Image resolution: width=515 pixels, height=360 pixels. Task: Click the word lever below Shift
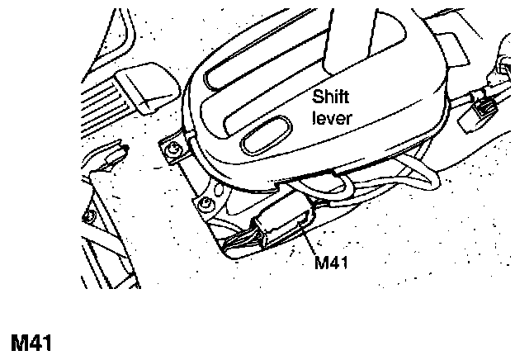pyautogui.click(x=332, y=118)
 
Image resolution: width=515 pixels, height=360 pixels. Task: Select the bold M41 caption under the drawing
pyautogui.click(x=31, y=342)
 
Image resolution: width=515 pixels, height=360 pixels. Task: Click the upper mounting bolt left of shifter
pyautogui.click(x=173, y=149)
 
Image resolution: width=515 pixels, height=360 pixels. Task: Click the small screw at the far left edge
pyautogui.click(x=85, y=217)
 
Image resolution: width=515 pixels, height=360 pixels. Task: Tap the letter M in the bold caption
pyautogui.click(x=18, y=342)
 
